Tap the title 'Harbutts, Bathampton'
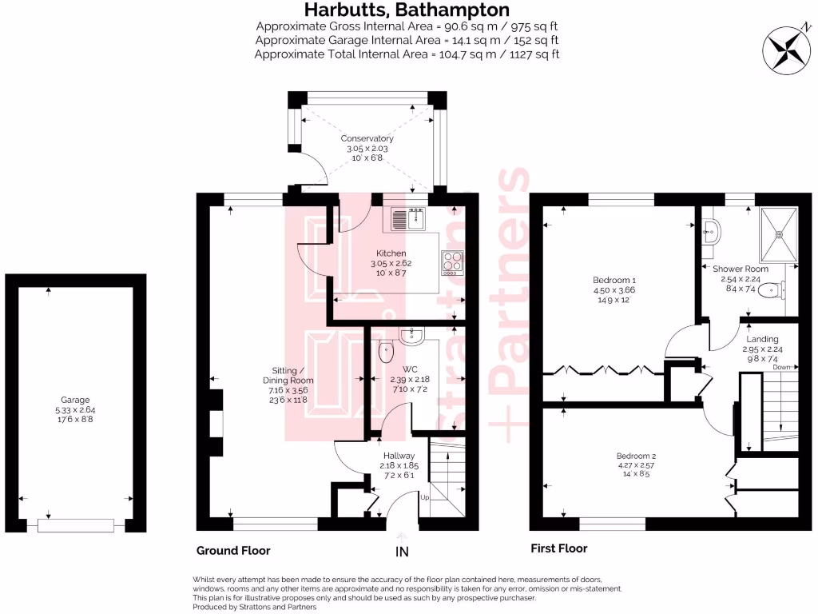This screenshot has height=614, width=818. click(407, 10)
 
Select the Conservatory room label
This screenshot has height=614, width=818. click(367, 138)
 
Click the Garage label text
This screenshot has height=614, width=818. click(75, 400)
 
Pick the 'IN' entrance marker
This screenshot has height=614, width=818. click(401, 552)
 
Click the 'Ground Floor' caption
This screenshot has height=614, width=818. click(233, 550)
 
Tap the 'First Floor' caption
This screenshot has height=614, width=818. click(558, 548)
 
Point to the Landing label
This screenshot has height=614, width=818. click(762, 339)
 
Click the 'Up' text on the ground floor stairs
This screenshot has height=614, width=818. click(424, 497)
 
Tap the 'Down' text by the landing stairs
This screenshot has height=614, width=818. click(782, 367)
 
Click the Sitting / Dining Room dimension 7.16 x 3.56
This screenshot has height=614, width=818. click(291, 391)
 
